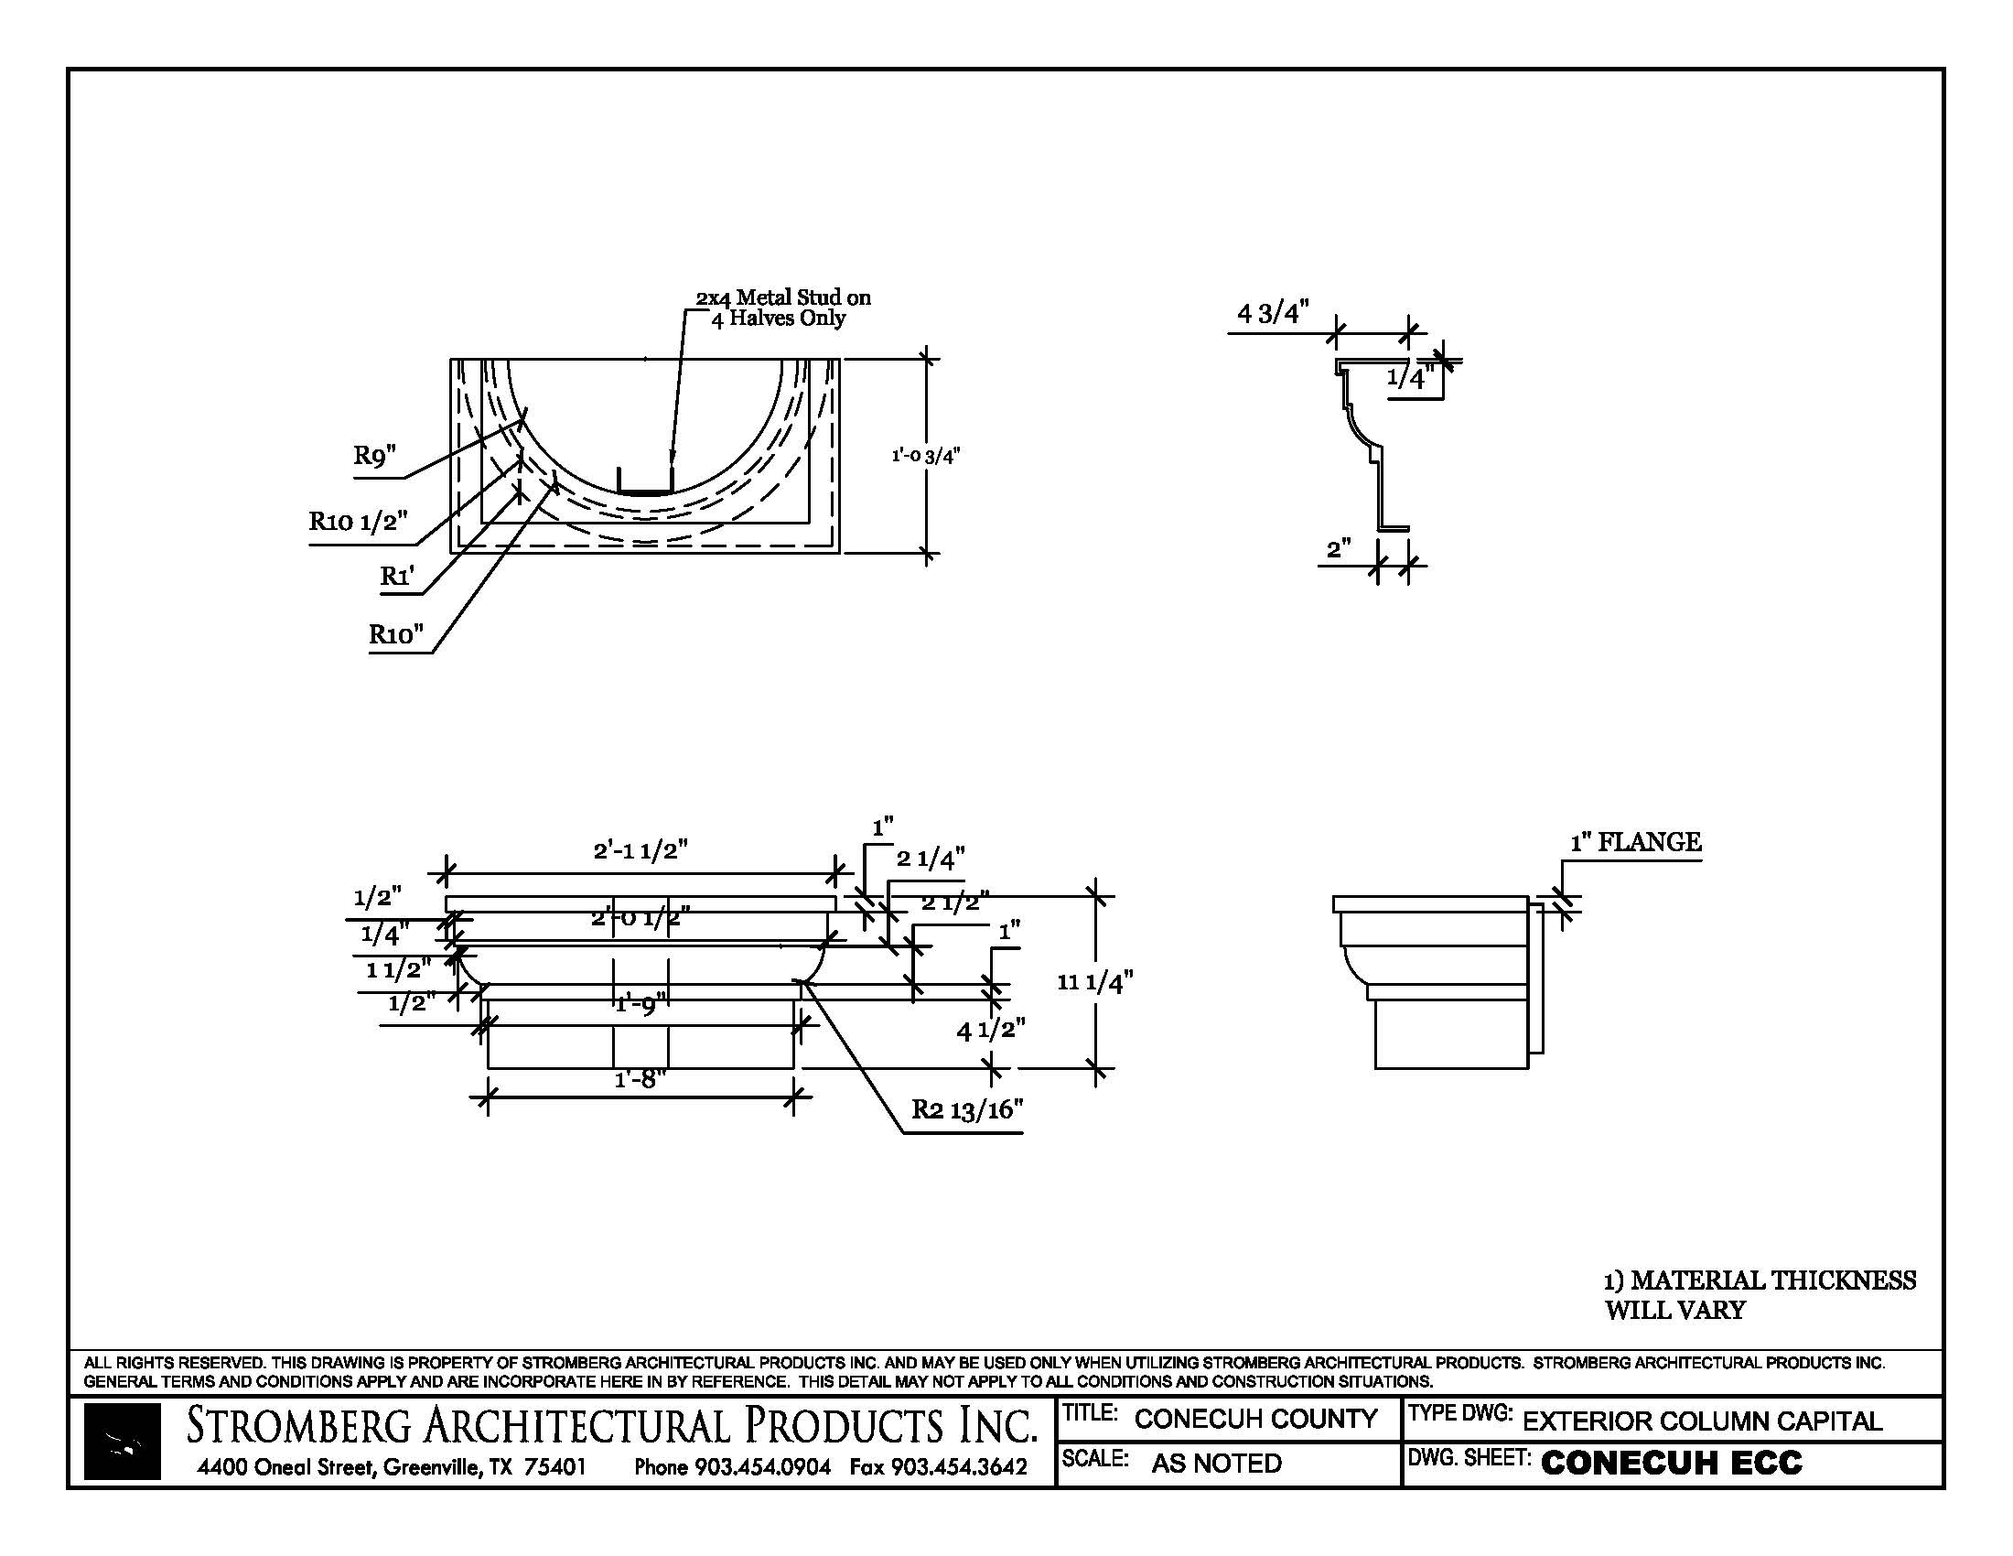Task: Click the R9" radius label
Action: click(374, 457)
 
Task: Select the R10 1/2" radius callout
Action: click(358, 522)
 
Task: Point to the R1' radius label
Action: click(397, 576)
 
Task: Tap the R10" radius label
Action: click(396, 634)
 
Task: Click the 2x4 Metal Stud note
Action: click(782, 308)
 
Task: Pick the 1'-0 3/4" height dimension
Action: click(925, 456)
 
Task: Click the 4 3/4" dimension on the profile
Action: click(1273, 313)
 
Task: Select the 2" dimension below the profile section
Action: click(1339, 549)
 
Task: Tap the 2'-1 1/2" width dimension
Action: click(640, 850)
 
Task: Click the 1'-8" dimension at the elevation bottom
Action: click(640, 1078)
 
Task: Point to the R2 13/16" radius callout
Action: click(967, 1110)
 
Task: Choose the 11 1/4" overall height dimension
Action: click(1094, 983)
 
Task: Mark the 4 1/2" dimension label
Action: click(991, 1030)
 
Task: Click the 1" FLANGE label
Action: click(1635, 842)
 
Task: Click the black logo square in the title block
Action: click(122, 1441)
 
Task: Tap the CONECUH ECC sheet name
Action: click(1671, 1463)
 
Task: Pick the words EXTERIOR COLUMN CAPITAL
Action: click(1702, 1421)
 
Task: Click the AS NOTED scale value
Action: click(1216, 1463)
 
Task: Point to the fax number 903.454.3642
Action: click(938, 1466)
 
